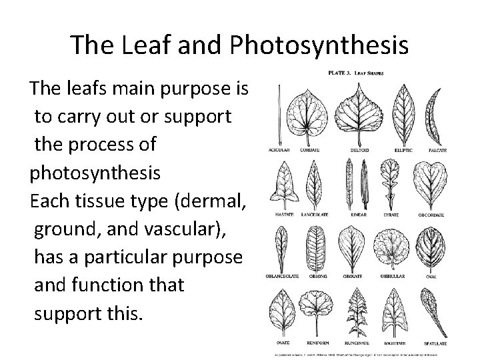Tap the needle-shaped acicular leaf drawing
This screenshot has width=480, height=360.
pyautogui.click(x=277, y=114)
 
